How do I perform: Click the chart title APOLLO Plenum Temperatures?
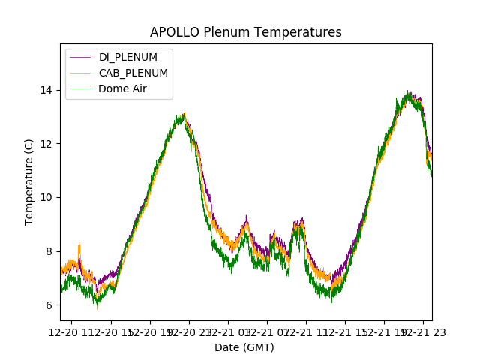pyautogui.click(x=245, y=32)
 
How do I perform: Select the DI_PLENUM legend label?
pyautogui.click(x=127, y=57)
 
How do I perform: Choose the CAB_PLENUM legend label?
pyautogui.click(x=133, y=73)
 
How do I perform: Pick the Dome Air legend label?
pyautogui.click(x=122, y=88)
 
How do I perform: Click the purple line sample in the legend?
pyautogui.click(x=81, y=57)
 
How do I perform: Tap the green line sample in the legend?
pyautogui.click(x=81, y=88)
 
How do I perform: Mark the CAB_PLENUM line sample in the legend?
pyautogui.click(x=81, y=73)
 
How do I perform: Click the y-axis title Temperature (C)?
pyautogui.click(x=29, y=181)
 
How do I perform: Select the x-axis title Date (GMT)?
pyautogui.click(x=244, y=347)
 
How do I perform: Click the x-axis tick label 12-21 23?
pyautogui.click(x=422, y=331)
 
